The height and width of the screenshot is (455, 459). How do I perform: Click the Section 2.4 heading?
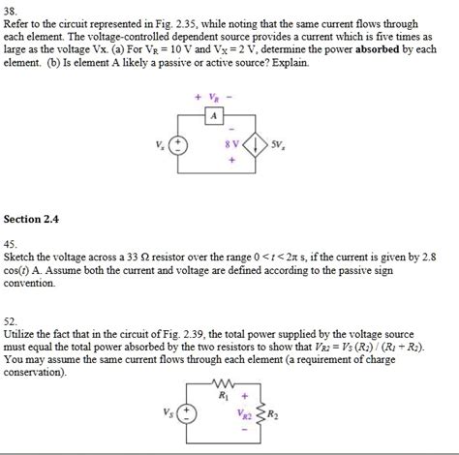coord(32,220)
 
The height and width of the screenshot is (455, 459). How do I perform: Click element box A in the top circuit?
coord(215,118)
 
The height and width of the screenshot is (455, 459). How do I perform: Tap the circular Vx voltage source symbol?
coord(178,147)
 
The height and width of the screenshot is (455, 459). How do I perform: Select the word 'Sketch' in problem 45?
coord(22,258)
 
